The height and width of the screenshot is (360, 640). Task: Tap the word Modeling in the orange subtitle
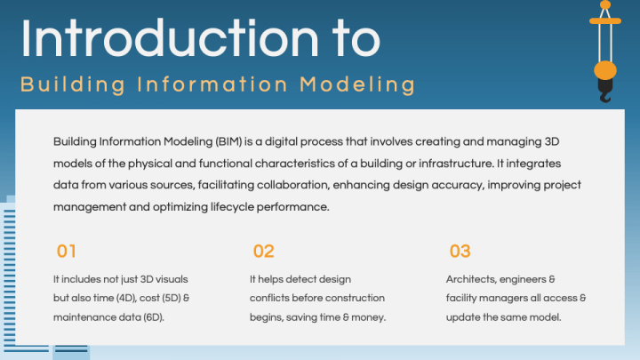357,84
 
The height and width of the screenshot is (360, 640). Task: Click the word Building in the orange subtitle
73,84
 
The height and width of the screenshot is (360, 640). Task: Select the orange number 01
66,251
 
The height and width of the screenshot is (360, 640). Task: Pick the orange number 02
264,251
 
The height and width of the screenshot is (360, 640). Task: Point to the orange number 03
460,251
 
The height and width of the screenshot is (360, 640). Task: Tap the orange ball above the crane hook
605,70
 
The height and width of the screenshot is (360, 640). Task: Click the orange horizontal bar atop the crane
605,20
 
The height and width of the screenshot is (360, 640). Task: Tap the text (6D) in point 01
154,317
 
